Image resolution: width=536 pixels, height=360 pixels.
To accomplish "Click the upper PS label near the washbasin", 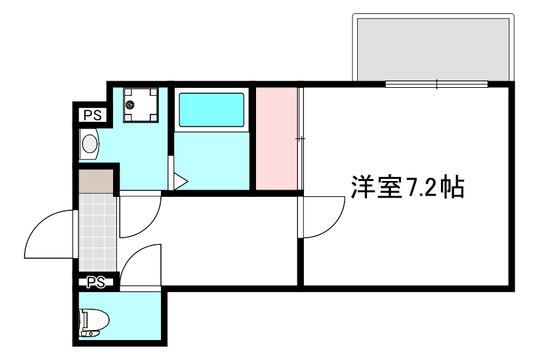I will coord(93,115).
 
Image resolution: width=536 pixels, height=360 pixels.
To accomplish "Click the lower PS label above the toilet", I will coord(96,282).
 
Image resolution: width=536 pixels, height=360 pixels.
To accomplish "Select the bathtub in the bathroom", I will coord(211,110).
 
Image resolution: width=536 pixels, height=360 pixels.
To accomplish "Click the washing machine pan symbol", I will coord(141,104).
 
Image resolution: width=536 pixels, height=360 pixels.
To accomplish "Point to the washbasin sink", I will coord(89,142).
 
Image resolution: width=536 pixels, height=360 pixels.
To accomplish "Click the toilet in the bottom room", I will coord(92,322).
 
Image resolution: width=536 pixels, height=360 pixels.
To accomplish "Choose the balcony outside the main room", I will coord(434,48).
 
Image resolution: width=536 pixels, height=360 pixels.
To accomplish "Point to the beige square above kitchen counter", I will coord(96,179).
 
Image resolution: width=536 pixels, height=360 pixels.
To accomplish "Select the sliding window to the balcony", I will coord(436,84).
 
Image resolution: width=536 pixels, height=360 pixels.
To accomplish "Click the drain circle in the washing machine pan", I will coord(130,104).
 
